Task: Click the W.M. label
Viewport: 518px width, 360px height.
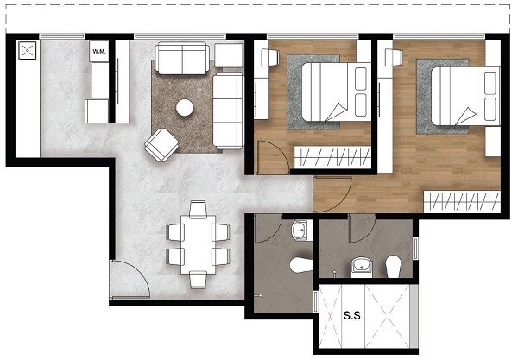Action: pos(98,52)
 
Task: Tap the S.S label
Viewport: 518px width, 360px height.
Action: pos(352,316)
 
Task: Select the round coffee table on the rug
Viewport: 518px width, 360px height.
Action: pos(184,108)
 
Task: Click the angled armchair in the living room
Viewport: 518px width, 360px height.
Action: pos(161,144)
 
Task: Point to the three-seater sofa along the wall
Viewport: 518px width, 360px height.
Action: pos(228,110)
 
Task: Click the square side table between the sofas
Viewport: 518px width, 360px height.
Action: pos(229,56)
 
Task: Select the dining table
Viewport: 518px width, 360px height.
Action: pos(198,243)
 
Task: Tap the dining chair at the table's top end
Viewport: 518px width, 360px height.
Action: pos(198,209)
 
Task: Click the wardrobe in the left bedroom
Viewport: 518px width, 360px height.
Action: pos(332,157)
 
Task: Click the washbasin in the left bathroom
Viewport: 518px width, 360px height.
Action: pos(300,231)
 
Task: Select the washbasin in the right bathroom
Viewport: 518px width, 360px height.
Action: pos(360,264)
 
